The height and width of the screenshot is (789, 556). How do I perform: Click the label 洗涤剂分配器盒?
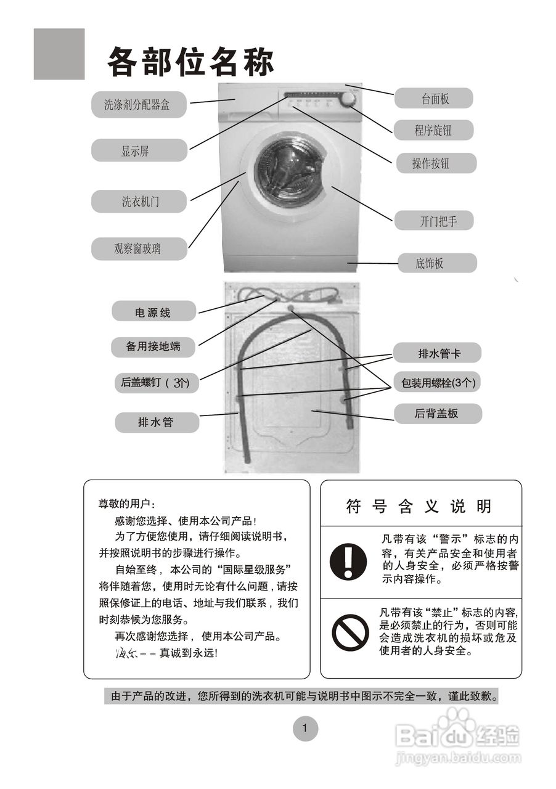click(x=139, y=105)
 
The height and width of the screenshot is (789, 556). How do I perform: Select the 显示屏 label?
click(x=139, y=150)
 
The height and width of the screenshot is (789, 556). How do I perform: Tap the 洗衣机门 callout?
click(x=139, y=202)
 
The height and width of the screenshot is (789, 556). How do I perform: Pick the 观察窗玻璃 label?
click(x=139, y=249)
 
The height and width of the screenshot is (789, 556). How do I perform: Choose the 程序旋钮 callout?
click(x=434, y=130)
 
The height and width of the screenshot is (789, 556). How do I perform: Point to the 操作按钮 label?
click(x=434, y=163)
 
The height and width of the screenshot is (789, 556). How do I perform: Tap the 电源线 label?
click(x=153, y=312)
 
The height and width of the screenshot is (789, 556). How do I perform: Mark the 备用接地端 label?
click(x=153, y=346)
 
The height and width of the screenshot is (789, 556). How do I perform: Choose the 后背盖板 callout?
click(x=437, y=414)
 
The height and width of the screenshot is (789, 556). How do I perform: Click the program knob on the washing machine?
click(x=348, y=100)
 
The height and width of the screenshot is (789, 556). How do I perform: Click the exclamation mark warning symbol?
click(x=348, y=561)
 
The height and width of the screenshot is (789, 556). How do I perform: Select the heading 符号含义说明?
click(x=420, y=507)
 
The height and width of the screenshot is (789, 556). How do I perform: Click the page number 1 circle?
click(x=305, y=729)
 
